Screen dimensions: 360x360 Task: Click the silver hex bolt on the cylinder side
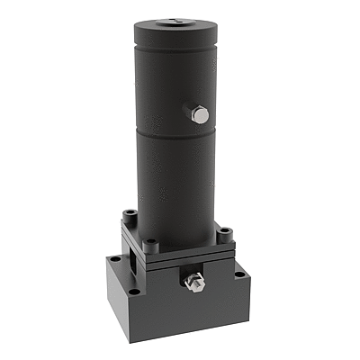tap(201, 114)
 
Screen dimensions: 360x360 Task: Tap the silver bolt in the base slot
tap(193, 284)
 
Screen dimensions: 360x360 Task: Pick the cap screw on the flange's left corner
tap(131, 213)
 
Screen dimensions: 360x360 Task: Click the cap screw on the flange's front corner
tap(150, 242)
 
